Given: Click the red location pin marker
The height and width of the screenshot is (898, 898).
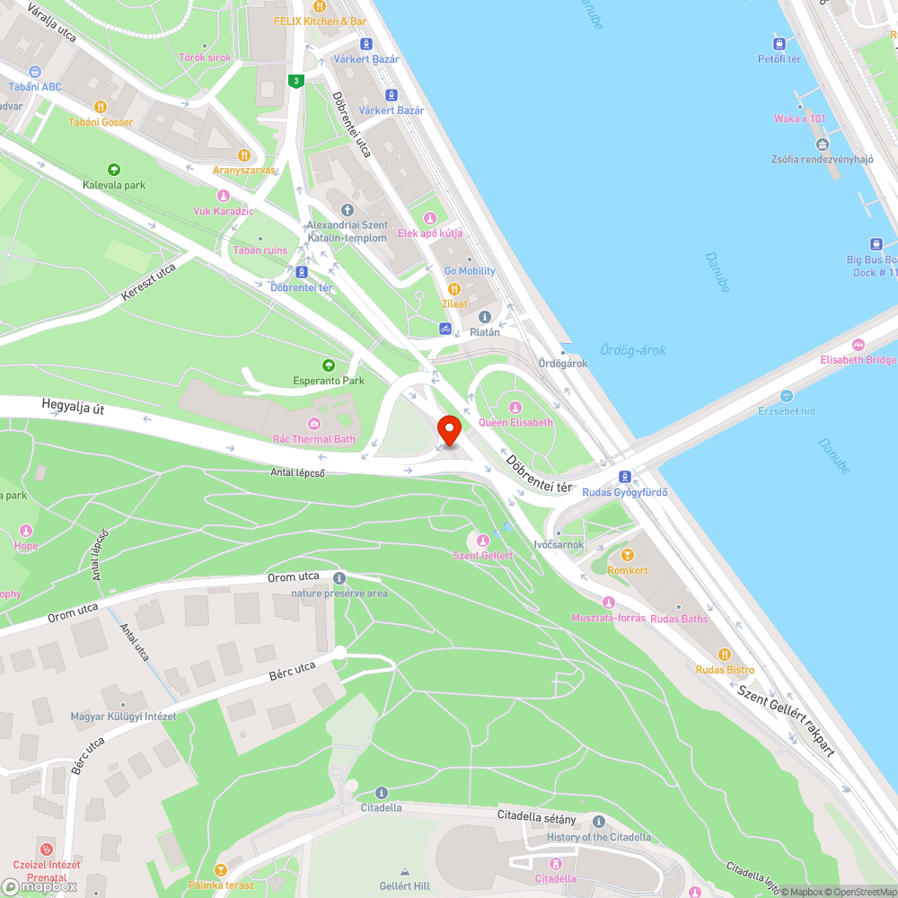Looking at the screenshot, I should pos(448,428).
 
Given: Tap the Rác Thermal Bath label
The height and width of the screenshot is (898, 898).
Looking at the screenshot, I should pos(313,439).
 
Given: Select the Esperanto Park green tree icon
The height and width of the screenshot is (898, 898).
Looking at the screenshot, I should pos(329,365).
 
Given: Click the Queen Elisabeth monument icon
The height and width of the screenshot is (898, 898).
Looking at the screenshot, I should pos(516,408).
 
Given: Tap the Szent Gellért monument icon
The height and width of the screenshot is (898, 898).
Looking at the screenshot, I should pos(483,540).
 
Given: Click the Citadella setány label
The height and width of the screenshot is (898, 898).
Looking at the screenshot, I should pos(536,815).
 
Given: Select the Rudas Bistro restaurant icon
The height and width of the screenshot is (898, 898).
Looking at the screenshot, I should pos(725,655).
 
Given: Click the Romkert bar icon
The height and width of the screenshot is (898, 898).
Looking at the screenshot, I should pos(628,555).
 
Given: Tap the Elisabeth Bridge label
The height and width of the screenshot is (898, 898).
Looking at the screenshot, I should pos(858,359).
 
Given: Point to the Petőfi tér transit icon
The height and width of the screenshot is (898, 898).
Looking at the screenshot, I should pos(779,43).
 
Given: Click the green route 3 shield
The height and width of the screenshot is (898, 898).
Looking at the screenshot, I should pos(295,81).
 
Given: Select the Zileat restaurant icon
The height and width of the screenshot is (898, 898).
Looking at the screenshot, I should pos(454,289).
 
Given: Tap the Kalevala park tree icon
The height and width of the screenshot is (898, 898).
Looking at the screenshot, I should pos(113,170).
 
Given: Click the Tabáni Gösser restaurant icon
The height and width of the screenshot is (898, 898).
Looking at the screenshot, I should pos(101,107).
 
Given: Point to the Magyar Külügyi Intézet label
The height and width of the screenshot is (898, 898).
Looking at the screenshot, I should pos(124,716).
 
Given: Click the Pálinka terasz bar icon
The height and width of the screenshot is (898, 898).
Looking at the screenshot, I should pos(220,869).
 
